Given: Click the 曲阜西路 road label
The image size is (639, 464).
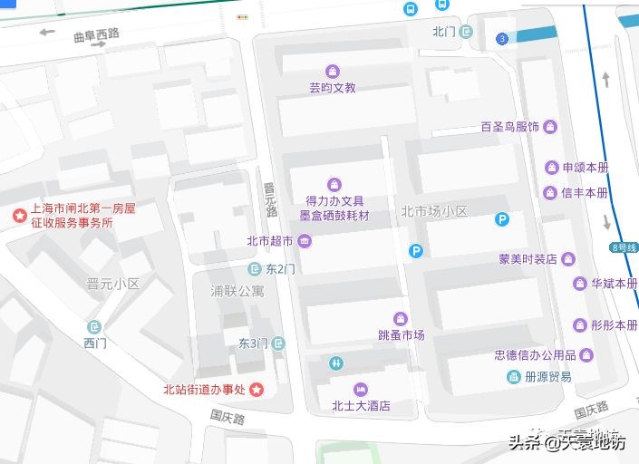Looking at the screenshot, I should click(96, 34).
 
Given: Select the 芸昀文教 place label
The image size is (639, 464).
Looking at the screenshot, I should click(333, 88).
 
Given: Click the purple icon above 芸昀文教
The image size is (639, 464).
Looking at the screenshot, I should click(333, 71).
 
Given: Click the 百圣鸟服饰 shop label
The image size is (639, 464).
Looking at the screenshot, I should click(510, 127).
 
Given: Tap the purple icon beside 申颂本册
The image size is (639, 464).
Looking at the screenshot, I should click(550, 168).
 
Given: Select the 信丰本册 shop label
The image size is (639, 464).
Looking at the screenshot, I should click(585, 193).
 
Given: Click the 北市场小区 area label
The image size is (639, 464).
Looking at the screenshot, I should click(434, 211).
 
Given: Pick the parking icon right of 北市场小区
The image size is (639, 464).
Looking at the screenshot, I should click(502, 218).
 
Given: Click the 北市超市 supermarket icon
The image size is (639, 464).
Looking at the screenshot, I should click(304, 241).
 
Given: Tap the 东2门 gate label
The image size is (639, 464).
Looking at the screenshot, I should click(281, 269).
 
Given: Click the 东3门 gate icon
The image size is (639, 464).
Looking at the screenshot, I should click(278, 343).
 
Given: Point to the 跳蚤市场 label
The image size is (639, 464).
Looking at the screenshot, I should click(402, 335).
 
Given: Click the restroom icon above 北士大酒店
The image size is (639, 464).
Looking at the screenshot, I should click(336, 363).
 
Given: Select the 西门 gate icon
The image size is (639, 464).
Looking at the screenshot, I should click(95, 326).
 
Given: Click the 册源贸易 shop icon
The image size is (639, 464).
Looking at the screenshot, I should click(513, 376).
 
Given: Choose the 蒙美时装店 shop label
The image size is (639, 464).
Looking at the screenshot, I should click(528, 259).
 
